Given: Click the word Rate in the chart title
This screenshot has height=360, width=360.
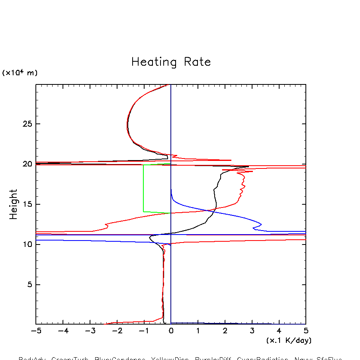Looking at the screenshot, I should click(197, 62).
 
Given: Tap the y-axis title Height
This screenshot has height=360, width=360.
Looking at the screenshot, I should click(14, 204).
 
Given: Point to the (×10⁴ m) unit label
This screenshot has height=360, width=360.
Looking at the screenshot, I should click(20, 73).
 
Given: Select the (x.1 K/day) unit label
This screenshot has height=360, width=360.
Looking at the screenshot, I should click(289, 340).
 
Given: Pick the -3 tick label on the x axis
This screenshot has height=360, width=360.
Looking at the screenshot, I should click(90, 331).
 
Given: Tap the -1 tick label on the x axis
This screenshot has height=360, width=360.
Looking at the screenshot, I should click(144, 331).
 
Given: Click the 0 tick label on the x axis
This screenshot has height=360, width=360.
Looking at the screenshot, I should click(171, 331).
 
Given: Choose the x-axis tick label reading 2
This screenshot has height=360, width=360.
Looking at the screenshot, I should click(225, 331).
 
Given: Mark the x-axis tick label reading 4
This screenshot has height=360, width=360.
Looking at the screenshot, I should click(279, 331).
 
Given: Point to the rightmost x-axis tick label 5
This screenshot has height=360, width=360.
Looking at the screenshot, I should click(306, 331).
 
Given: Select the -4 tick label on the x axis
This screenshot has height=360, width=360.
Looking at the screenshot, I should click(63, 331).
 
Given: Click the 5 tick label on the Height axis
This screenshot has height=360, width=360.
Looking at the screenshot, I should click(29, 285).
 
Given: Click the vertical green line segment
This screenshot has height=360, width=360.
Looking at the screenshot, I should click(143, 187).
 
